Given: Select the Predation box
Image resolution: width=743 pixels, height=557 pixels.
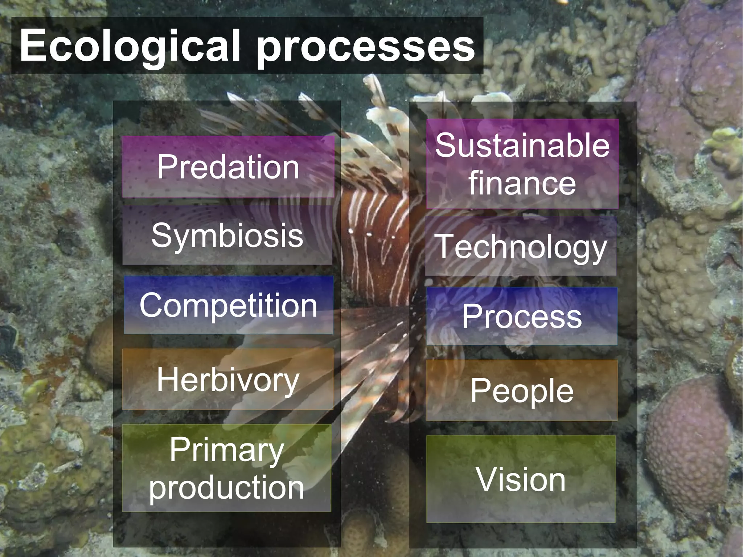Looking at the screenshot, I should (228, 167).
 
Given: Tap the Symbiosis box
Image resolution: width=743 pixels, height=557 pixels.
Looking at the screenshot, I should (227, 235).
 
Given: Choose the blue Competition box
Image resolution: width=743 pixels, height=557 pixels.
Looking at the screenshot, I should (229, 305).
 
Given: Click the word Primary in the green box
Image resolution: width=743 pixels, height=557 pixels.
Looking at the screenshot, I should (227, 450).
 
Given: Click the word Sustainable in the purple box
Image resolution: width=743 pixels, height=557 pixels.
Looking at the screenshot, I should (522, 145).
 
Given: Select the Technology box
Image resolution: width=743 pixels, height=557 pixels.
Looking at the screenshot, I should (521, 247).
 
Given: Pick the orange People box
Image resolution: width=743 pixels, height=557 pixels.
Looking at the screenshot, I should (522, 391).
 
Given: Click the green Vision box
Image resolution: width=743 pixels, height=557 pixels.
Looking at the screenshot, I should (521, 479).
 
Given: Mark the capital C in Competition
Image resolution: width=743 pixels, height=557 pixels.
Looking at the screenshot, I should (151, 305).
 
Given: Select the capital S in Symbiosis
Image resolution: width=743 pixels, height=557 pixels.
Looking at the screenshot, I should (161, 235).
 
